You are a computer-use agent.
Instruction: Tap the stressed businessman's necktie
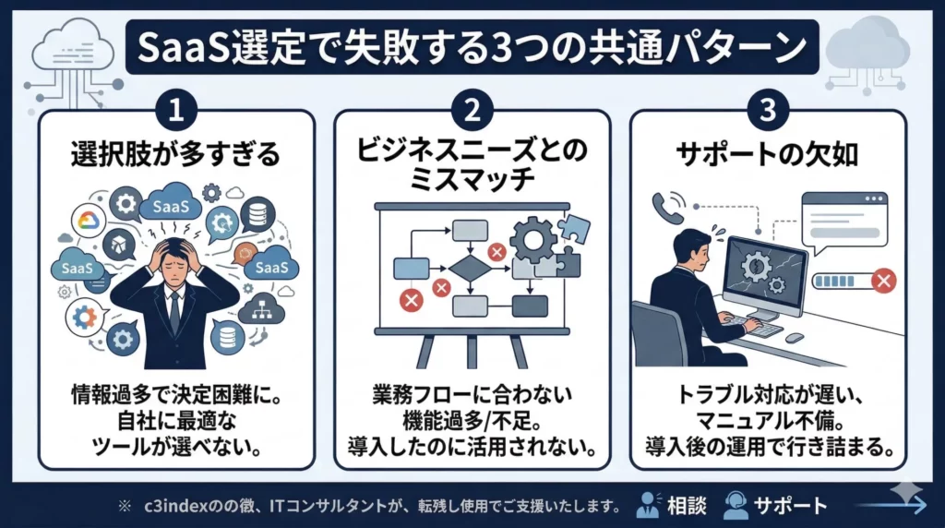pyautogui.click(x=175, y=309)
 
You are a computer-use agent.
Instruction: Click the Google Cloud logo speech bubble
pyautogui.click(x=89, y=222)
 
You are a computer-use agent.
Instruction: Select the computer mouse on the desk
pyautogui.click(x=794, y=338)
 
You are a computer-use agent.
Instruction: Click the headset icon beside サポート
pyautogui.click(x=736, y=505)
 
